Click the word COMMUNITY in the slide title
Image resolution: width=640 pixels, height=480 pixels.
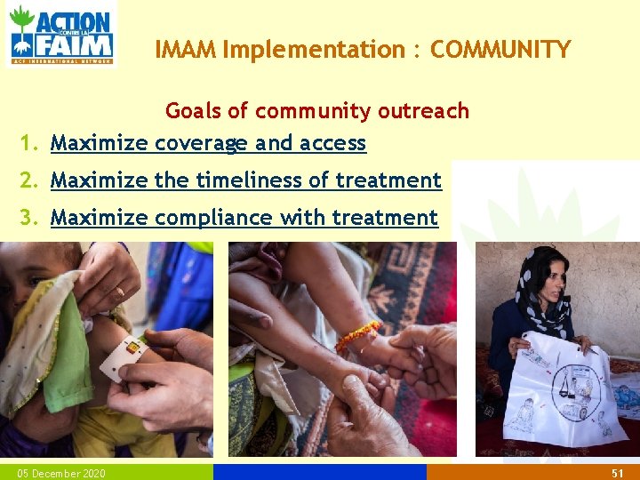[x=500, y=50]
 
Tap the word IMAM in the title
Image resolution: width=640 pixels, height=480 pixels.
[x=186, y=50]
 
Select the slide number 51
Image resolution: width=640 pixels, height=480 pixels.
[x=618, y=473]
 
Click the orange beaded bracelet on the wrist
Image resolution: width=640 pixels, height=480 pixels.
[x=358, y=337]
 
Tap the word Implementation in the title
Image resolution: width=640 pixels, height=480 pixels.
[x=314, y=50]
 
